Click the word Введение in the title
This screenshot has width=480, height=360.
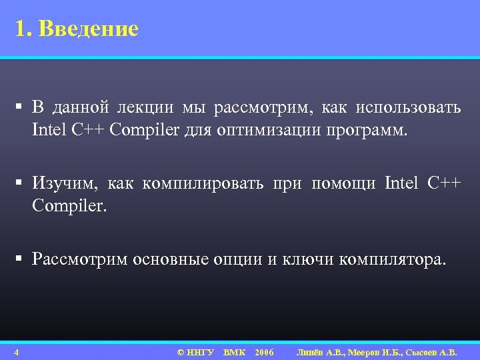point(89,29)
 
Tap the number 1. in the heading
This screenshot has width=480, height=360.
point(24,29)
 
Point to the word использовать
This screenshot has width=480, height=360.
point(408,107)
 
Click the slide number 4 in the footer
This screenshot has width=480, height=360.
point(23,352)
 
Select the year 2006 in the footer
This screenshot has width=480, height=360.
point(264,352)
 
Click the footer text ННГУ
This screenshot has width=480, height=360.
point(201,352)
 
